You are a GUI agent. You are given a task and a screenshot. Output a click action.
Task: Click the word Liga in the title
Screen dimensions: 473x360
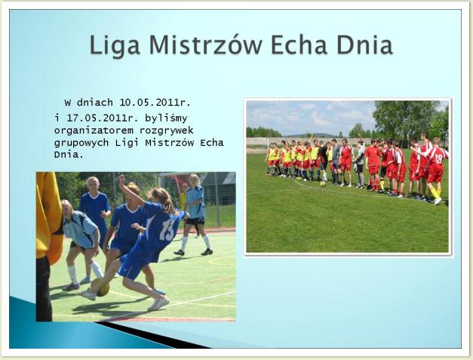(115, 45)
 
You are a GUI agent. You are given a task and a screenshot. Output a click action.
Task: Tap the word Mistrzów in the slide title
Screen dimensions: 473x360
(205, 45)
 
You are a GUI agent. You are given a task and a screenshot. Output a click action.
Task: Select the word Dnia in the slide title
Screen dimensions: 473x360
(364, 45)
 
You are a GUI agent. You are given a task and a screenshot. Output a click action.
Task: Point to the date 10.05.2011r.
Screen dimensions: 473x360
(155, 103)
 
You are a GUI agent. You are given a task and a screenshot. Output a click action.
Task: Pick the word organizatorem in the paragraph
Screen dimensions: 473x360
(94, 131)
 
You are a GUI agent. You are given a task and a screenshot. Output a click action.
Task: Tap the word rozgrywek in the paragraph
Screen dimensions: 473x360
(167, 131)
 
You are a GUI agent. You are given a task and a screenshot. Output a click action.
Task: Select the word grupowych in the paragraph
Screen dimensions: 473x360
(81, 143)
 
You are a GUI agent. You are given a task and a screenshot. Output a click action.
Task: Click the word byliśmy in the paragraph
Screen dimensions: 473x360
(166, 118)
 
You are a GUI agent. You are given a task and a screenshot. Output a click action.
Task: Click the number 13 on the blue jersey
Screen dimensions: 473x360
(167, 229)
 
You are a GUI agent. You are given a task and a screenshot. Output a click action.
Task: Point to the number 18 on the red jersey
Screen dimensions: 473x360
(438, 158)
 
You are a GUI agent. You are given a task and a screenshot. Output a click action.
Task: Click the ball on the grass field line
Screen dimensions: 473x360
(323, 183)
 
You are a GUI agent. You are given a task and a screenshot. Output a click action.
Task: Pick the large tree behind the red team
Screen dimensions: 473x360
(407, 118)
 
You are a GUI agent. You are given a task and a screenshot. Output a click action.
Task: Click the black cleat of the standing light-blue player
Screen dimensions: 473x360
(207, 252)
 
